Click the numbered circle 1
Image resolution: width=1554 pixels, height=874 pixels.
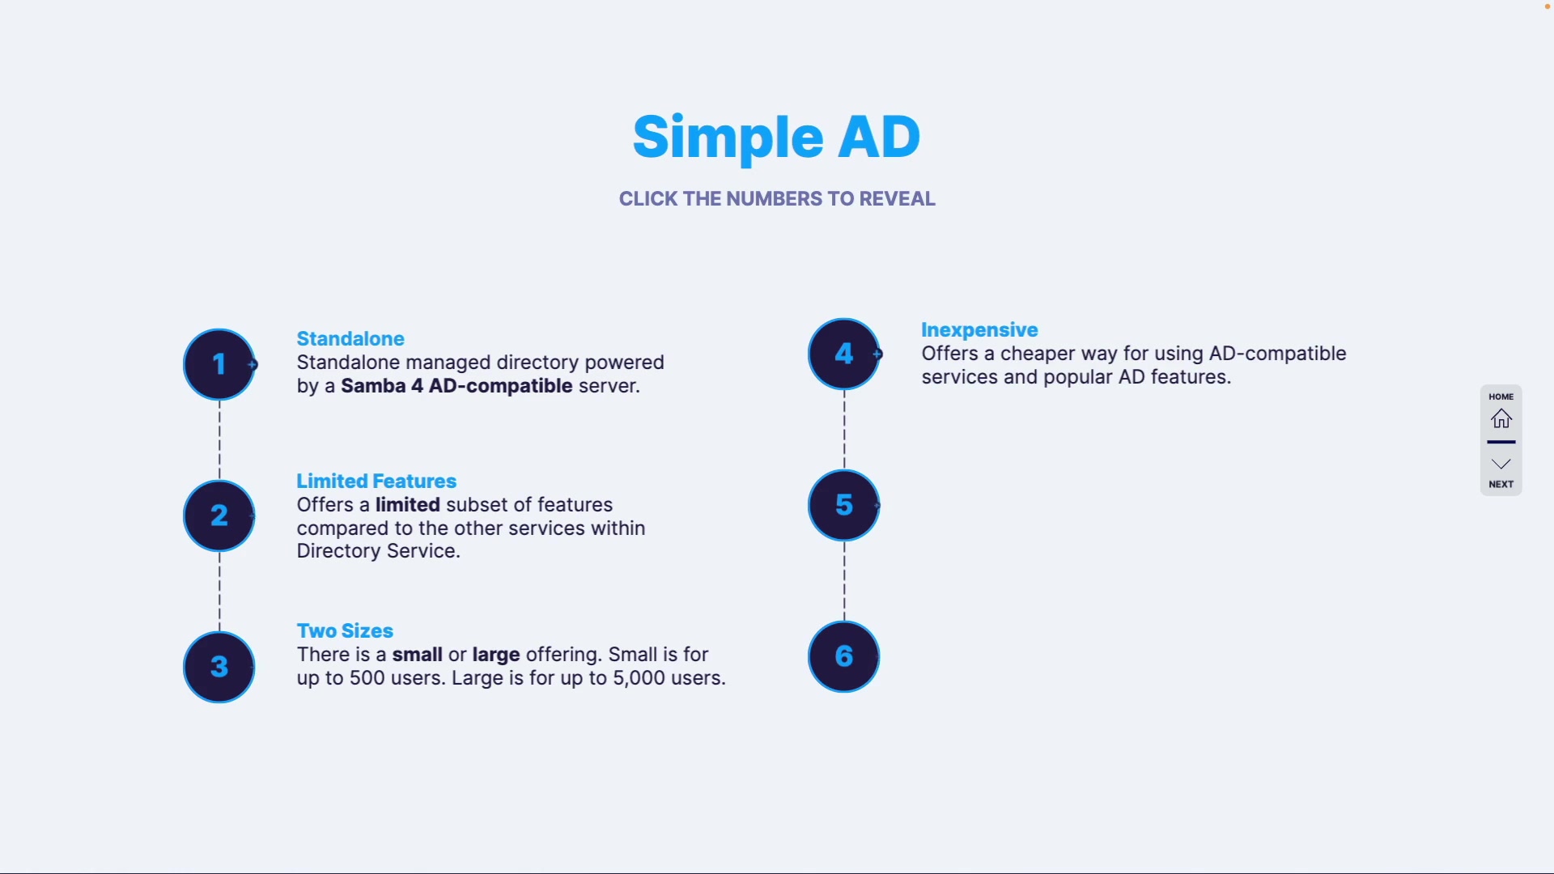point(219,364)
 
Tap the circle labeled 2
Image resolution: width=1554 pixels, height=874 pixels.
point(219,515)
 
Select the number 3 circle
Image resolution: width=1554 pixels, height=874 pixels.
point(219,667)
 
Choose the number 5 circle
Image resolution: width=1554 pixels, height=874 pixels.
point(843,505)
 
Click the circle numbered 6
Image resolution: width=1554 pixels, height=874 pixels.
point(843,656)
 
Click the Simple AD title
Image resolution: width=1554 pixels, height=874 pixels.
point(776,138)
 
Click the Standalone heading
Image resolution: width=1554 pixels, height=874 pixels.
point(350,339)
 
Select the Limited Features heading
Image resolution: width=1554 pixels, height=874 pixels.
point(376,482)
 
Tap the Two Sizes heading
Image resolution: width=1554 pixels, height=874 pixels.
point(345,631)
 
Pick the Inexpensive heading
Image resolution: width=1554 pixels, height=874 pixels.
point(979,330)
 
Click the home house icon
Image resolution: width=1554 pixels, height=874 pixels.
point(1501,418)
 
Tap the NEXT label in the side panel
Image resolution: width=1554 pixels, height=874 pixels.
point(1501,484)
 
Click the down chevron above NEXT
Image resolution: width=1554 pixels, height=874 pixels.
point(1501,464)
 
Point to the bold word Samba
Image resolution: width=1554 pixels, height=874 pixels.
point(373,386)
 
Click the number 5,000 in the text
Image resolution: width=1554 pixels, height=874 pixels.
point(639,678)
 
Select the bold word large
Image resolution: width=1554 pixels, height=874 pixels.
point(496,655)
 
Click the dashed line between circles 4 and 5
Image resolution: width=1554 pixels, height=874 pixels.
point(844,430)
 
